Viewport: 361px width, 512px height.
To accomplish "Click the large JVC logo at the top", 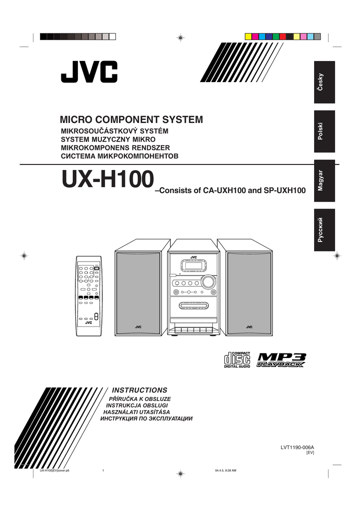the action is pos(89,73).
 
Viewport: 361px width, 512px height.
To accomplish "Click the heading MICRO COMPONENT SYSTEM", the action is pos(131,120).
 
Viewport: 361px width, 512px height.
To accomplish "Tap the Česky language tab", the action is pos(321,82).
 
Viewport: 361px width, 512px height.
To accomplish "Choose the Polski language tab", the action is pos(321,131).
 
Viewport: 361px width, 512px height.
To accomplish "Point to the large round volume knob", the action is pos(208,282).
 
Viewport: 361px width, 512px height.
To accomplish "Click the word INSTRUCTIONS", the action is pos(139,389).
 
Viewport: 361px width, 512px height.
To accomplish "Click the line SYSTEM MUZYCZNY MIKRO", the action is pos(108,139).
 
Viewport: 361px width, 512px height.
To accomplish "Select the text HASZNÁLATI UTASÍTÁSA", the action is pos(137,411).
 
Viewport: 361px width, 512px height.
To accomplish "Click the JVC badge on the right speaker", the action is pos(249,327).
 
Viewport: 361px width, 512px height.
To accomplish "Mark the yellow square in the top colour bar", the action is pos(248,36).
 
